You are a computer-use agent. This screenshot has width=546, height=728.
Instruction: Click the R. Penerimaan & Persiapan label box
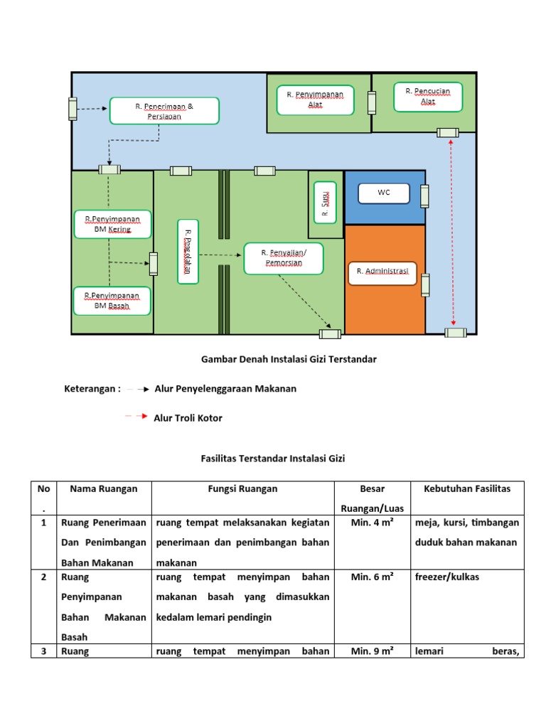tap(164, 110)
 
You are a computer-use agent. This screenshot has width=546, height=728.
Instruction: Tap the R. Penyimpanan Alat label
tap(315, 100)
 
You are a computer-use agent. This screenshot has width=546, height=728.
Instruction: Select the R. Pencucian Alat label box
tap(428, 97)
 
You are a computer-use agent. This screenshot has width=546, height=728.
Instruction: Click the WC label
tap(384, 193)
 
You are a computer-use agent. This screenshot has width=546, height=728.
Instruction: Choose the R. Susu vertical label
tap(325, 201)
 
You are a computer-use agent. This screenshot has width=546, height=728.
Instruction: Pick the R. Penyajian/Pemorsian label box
tap(284, 258)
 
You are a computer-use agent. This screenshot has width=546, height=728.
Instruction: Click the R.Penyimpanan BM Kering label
tap(112, 224)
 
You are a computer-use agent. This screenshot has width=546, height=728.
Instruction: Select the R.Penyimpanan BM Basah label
tap(112, 300)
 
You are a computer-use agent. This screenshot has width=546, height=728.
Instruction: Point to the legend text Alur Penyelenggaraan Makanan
tap(225, 389)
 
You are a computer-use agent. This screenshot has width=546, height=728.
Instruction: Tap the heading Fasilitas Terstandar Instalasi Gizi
tap(272, 459)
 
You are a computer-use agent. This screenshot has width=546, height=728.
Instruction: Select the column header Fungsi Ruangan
tap(243, 489)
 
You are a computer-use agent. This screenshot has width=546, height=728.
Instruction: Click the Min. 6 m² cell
tap(373, 577)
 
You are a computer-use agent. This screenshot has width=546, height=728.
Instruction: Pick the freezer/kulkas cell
tap(447, 577)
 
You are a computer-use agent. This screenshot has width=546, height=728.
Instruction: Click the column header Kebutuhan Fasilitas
tap(467, 489)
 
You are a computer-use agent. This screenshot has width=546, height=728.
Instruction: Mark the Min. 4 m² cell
tap(373, 523)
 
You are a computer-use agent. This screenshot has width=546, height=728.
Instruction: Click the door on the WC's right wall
tap(424, 196)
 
